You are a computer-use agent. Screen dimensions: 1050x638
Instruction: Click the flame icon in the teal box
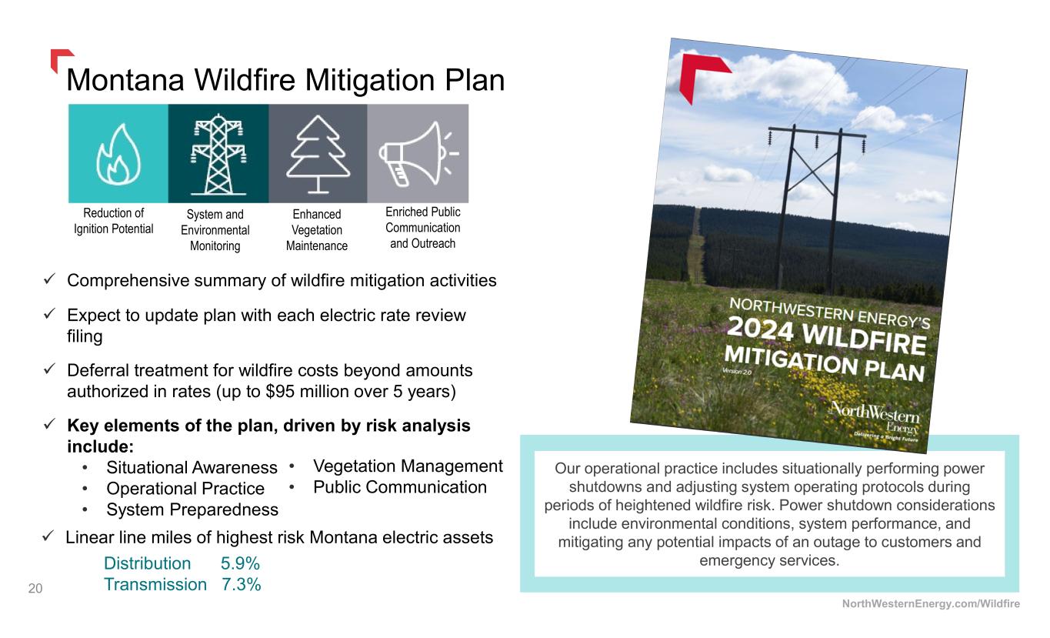118,155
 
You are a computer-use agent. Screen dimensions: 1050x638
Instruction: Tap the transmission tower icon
218,154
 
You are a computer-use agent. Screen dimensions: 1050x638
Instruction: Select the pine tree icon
318,155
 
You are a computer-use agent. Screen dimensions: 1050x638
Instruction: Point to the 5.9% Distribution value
240,563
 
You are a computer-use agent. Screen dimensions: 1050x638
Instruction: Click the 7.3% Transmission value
241,584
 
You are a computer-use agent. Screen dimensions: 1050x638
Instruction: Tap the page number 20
35,588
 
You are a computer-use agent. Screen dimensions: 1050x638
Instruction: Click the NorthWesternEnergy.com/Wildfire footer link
931,604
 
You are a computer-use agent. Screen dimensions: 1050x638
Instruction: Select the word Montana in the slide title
125,80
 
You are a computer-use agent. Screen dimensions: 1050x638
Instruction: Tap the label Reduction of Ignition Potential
113,221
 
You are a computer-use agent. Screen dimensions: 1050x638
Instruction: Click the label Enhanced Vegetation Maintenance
317,230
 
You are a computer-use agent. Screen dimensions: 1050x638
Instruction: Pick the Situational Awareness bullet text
192,467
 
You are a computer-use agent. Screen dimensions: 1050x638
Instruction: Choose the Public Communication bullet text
400,487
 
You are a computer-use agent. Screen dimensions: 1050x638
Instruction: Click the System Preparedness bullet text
192,509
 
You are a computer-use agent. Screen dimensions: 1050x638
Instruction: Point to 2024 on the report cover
760,329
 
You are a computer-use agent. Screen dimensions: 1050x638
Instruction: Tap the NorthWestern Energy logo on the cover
875,421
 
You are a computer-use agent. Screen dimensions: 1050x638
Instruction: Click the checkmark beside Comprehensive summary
49,279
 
